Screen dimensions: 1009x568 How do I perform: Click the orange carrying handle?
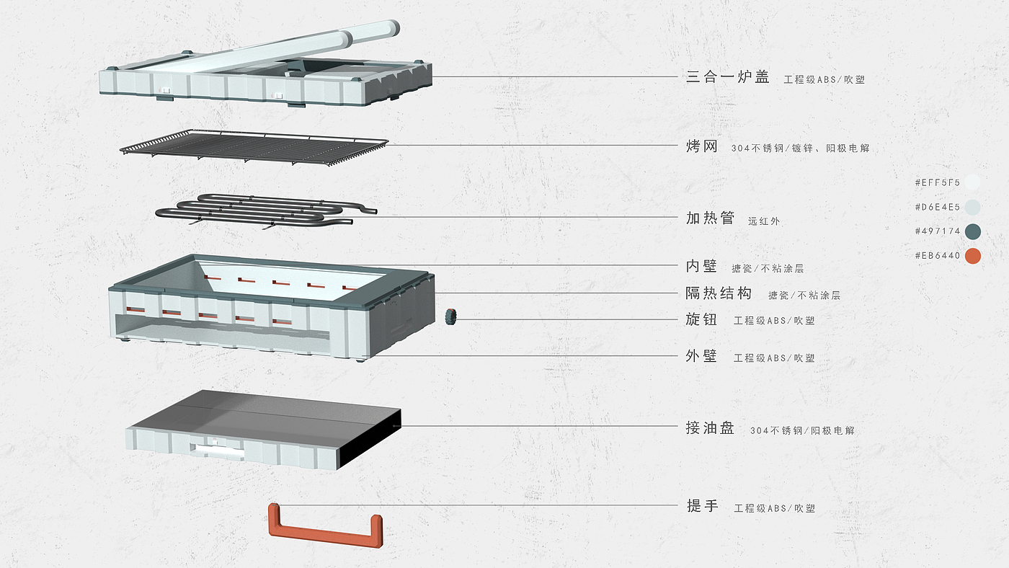[x=326, y=525]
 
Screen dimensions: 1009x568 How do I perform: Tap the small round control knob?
[x=450, y=316]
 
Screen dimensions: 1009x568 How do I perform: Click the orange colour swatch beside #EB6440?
[x=973, y=256]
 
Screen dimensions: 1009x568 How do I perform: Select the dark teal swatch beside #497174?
[x=973, y=231]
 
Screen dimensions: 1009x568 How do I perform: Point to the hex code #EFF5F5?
[x=938, y=182]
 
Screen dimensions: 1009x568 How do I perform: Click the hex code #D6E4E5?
[x=938, y=207]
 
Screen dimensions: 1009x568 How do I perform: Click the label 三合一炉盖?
[x=727, y=76]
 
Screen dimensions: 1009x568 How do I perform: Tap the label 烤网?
[x=702, y=146]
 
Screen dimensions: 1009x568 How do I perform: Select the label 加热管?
[x=711, y=218]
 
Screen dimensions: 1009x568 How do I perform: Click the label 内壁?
[x=701, y=266]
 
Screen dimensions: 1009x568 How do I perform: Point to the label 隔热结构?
[x=719, y=293]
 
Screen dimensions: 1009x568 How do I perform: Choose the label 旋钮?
[x=701, y=319]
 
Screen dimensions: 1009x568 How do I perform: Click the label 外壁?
[x=701, y=356]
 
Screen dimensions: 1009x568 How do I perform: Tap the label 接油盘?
[x=711, y=427]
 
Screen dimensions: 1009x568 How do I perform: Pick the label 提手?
[x=702, y=506]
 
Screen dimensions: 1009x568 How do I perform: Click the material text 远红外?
[x=764, y=221]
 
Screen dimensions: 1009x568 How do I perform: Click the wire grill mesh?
[x=254, y=148]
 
